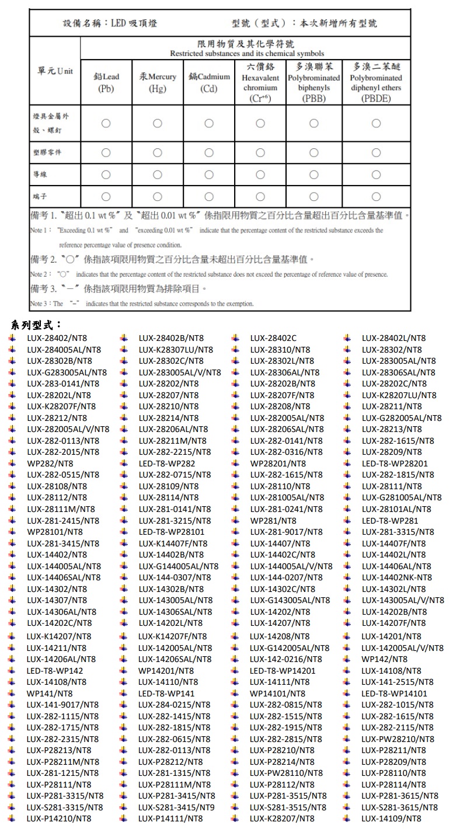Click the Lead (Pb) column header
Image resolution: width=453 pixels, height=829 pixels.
(x=106, y=82)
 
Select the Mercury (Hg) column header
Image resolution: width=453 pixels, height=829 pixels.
(x=158, y=82)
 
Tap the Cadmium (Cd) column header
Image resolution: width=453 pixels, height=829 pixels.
(x=209, y=82)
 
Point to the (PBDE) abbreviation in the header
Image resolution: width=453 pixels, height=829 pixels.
(x=376, y=99)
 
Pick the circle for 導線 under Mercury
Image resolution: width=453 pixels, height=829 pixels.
(x=158, y=175)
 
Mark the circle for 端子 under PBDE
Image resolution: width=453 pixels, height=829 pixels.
(x=376, y=196)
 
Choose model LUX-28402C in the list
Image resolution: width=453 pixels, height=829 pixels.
(x=273, y=338)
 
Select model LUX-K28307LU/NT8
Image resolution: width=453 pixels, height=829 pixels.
(x=176, y=350)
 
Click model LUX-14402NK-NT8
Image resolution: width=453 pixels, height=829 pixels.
(x=397, y=577)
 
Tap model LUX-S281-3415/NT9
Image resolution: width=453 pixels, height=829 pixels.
(x=176, y=807)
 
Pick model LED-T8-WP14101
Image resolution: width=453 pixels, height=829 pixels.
(x=394, y=694)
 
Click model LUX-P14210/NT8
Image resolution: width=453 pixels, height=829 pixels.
(x=59, y=818)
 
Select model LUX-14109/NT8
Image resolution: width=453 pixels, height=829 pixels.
(x=391, y=818)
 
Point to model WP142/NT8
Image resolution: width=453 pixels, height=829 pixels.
(x=384, y=660)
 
